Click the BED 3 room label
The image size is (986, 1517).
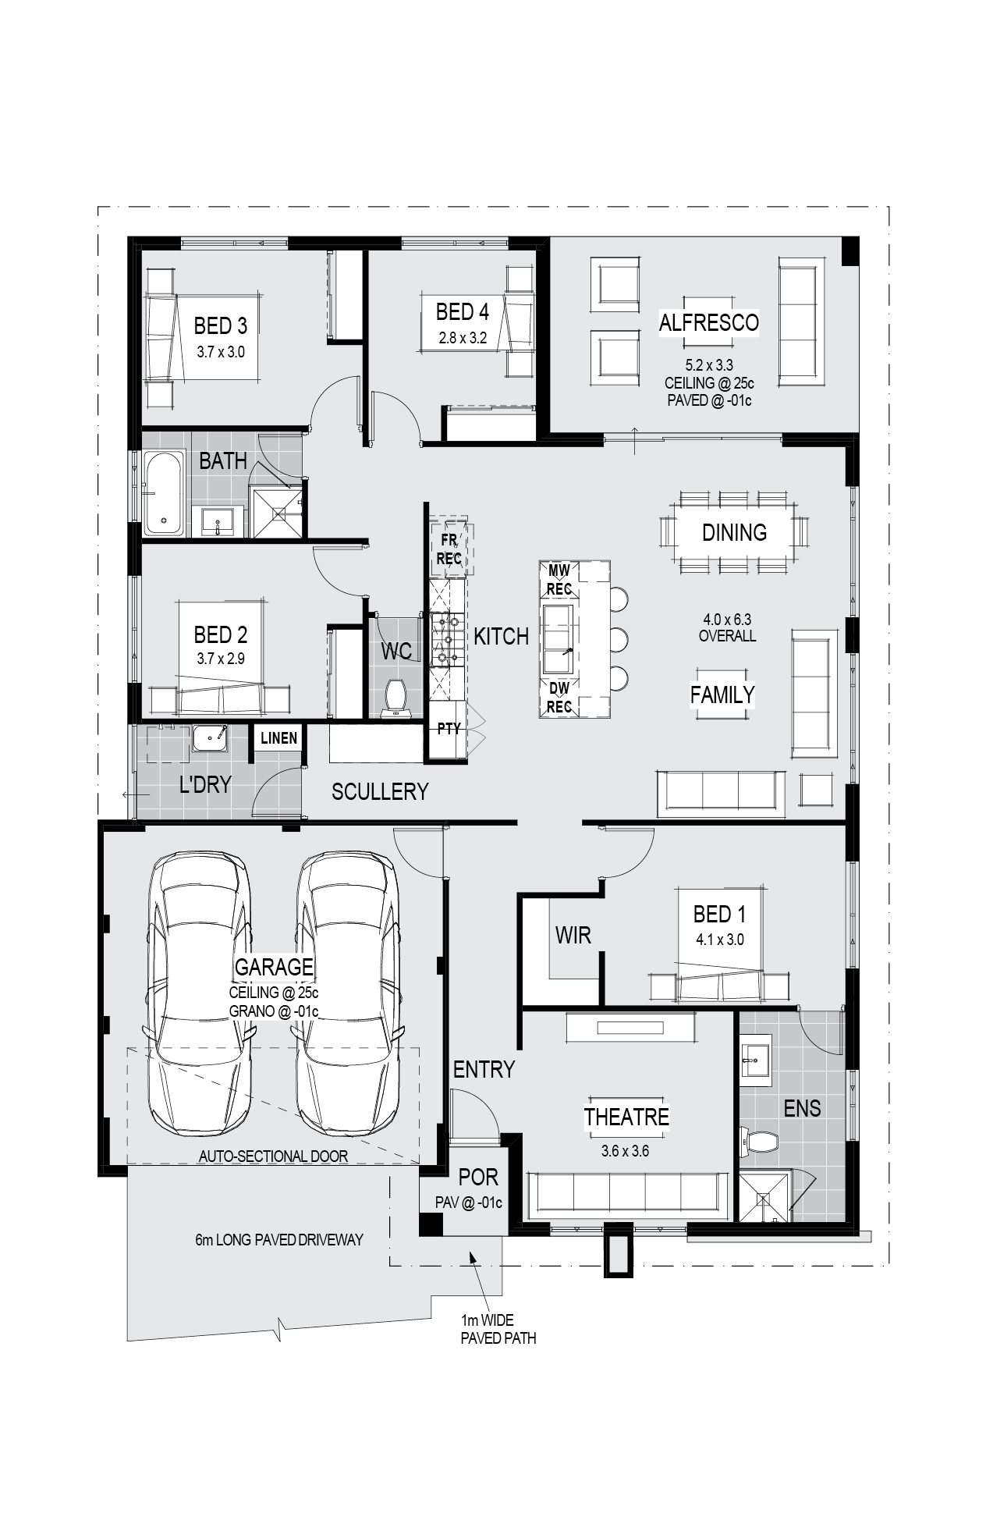[x=220, y=325]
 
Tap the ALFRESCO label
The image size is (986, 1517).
[x=708, y=322]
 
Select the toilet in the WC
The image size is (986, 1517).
[x=396, y=697]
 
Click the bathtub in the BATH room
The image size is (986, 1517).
[x=164, y=493]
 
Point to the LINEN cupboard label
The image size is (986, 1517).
[x=278, y=738]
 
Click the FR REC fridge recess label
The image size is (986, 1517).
[x=449, y=549]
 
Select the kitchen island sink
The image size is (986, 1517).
[x=559, y=639]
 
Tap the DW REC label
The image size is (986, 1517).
[x=559, y=698]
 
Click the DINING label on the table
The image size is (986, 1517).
[x=734, y=532]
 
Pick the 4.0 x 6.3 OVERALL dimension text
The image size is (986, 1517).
[x=727, y=627]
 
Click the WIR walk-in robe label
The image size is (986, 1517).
[x=573, y=935]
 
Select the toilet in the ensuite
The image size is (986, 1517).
[x=758, y=1142]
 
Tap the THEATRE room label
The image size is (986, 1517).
[x=626, y=1117]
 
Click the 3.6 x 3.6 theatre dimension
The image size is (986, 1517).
[x=625, y=1151]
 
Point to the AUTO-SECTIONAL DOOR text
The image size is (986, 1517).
[x=273, y=1156]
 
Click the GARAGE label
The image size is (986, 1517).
[x=274, y=967]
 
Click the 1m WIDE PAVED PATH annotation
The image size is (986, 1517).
[x=498, y=1329]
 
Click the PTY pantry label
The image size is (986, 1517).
[x=449, y=729]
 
